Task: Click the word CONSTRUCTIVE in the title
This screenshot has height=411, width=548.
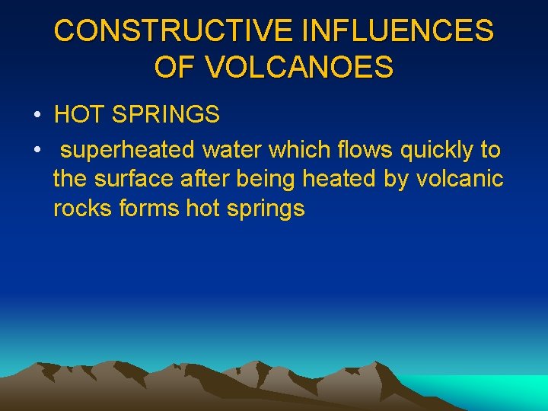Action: [174, 31]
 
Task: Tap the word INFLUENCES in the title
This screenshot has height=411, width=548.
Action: [397, 31]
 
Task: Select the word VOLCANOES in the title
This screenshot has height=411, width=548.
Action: [299, 68]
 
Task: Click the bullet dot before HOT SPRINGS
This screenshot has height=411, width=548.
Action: [37, 116]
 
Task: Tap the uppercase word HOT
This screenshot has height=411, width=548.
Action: [80, 115]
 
